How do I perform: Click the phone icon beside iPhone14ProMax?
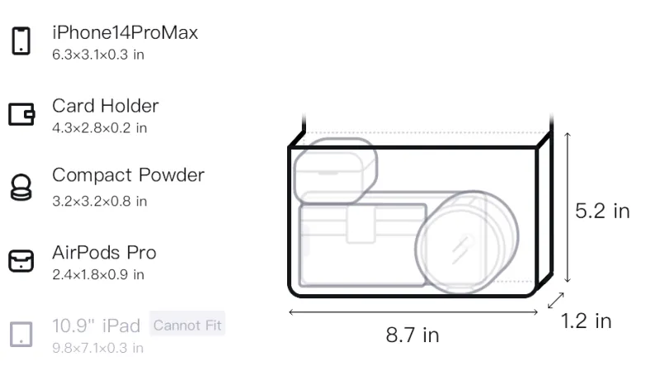(x=21, y=40)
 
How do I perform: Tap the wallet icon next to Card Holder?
(x=21, y=114)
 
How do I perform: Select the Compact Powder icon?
(x=21, y=187)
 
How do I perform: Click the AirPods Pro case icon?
(x=21, y=261)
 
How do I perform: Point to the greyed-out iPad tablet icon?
(x=21, y=335)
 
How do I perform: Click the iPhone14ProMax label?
(x=125, y=32)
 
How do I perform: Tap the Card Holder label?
(x=106, y=106)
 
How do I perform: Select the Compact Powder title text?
(x=129, y=175)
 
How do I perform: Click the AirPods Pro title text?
(x=105, y=253)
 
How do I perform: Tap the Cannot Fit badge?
(x=187, y=325)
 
